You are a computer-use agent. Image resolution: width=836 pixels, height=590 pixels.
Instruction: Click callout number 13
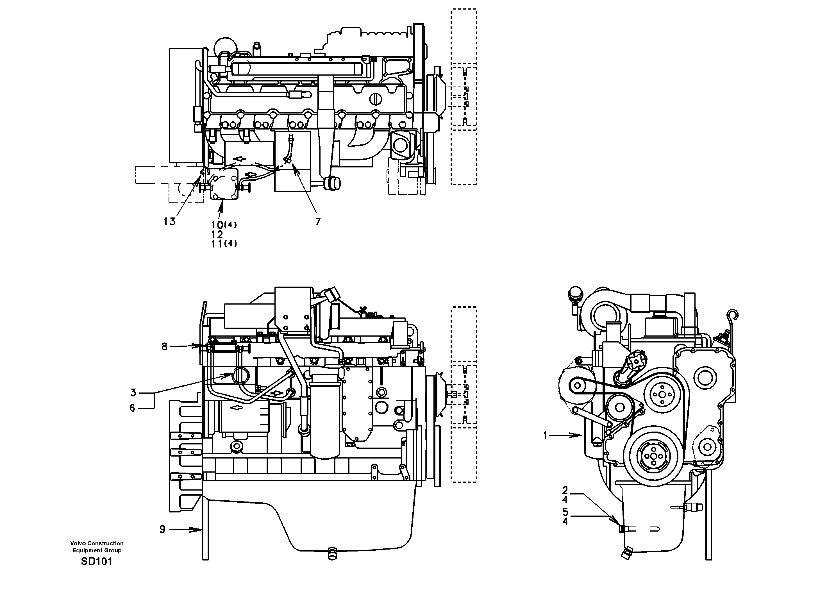(169, 221)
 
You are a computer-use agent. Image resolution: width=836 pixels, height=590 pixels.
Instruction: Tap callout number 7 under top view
(318, 221)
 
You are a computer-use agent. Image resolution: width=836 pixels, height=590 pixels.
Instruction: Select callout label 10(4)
(224, 225)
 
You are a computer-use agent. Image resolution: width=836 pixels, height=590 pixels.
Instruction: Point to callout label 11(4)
(224, 244)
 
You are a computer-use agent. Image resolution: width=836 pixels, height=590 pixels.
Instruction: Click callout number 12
(217, 234)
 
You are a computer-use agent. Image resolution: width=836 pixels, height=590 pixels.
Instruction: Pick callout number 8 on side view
(165, 346)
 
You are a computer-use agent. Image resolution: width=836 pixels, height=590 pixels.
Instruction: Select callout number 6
(133, 408)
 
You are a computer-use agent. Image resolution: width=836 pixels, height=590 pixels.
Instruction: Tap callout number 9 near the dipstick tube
(162, 530)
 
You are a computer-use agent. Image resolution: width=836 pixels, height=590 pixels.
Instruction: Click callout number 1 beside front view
(546, 435)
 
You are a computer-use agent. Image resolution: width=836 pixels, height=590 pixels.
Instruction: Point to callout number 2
(565, 491)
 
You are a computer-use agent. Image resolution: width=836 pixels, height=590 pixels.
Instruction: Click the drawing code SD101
(96, 561)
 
